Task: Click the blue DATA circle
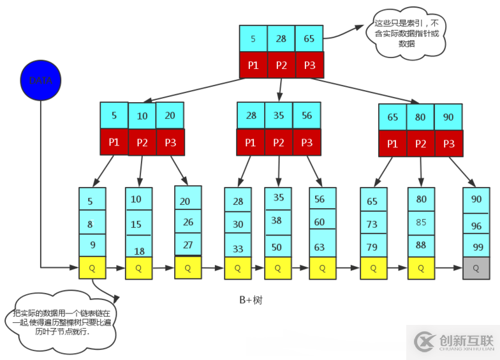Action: [40, 80]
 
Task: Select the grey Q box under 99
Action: [476, 269]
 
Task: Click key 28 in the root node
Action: [281, 39]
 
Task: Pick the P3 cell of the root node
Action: [309, 64]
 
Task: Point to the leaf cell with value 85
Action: [421, 223]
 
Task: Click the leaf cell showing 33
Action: [237, 248]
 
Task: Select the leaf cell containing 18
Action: [138, 250]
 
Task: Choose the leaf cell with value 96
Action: [476, 225]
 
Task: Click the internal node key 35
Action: [279, 116]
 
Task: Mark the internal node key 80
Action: [420, 117]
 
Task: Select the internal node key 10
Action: [142, 116]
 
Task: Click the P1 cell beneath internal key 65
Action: [392, 144]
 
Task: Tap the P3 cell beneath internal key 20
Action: [170, 142]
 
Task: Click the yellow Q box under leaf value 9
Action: [92, 268]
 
